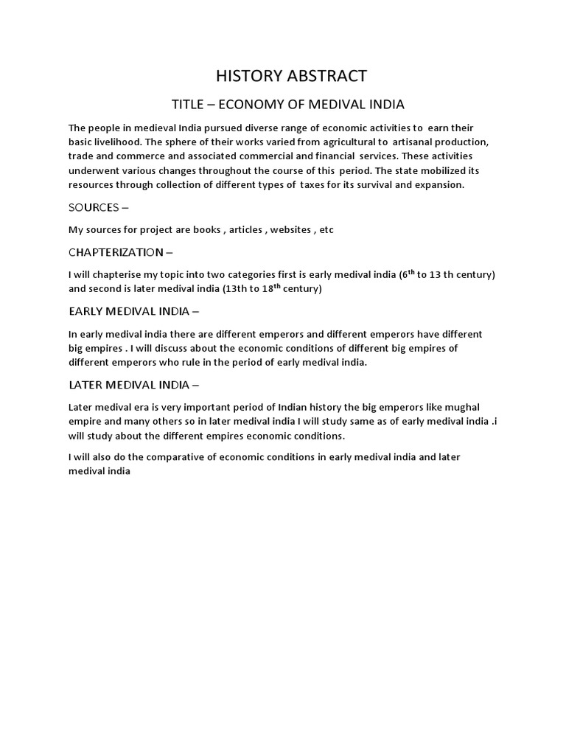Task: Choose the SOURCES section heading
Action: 95,207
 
